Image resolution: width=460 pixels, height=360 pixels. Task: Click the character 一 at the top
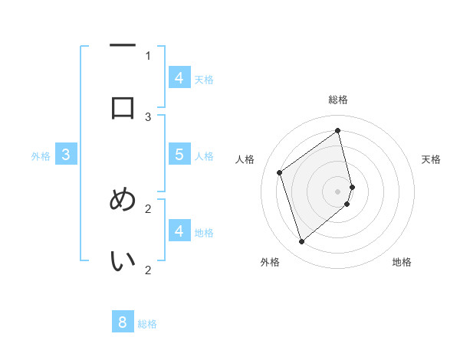123,47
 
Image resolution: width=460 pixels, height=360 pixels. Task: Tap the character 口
123,106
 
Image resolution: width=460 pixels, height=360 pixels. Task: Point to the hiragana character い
123,261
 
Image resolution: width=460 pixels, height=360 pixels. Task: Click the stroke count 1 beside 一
148,55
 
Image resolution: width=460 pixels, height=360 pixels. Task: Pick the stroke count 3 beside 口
148,116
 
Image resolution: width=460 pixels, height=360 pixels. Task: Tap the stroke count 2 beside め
148,208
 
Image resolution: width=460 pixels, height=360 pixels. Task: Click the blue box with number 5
179,155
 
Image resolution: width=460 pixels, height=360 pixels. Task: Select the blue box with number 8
123,322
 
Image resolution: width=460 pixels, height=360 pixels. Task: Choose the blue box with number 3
66,155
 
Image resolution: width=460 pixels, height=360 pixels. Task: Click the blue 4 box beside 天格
179,78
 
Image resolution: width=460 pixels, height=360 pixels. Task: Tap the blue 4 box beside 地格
179,231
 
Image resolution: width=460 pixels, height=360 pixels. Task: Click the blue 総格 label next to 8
147,324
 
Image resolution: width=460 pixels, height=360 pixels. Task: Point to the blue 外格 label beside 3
41,156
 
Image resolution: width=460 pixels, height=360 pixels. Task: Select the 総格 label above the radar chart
338,100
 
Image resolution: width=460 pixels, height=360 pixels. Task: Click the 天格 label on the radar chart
431,159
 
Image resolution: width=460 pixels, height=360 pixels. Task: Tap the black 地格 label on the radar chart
402,262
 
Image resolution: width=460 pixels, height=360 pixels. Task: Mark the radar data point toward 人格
280,172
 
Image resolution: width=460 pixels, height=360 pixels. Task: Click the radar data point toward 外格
301,242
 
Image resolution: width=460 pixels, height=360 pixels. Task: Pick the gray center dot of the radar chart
338,191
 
